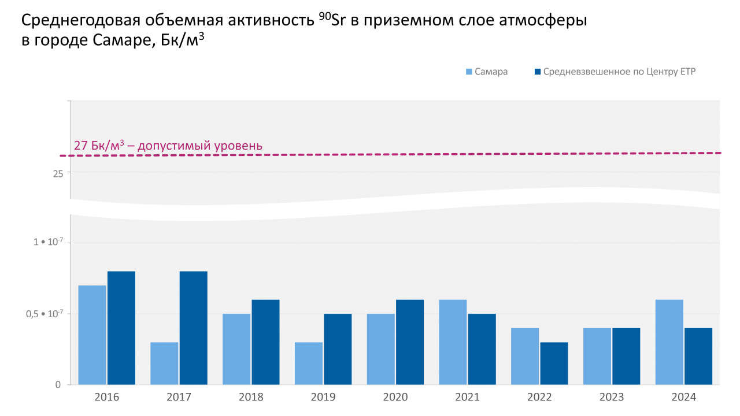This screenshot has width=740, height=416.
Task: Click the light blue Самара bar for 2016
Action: click(92, 335)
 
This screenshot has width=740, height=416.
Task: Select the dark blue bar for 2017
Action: click(193, 328)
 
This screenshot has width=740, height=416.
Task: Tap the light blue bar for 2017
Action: click(164, 363)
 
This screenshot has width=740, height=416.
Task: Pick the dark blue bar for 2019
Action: click(338, 349)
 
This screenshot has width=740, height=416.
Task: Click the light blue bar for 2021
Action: click(453, 342)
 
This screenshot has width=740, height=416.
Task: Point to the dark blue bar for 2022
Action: click(554, 363)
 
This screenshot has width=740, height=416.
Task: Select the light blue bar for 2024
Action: click(669, 342)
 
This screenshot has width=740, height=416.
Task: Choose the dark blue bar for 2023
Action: click(626, 356)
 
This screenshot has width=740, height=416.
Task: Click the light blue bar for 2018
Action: click(236, 349)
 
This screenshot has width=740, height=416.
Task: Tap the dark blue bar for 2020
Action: click(410, 342)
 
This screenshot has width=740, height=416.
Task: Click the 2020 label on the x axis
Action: click(395, 398)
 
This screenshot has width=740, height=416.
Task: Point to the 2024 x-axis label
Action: click(684, 398)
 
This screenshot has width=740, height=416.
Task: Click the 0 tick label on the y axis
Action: click(58, 385)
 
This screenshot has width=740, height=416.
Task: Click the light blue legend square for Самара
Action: click(469, 72)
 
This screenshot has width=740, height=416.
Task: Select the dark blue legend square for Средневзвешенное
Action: click(538, 72)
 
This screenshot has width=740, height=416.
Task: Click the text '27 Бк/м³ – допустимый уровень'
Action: click(168, 146)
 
